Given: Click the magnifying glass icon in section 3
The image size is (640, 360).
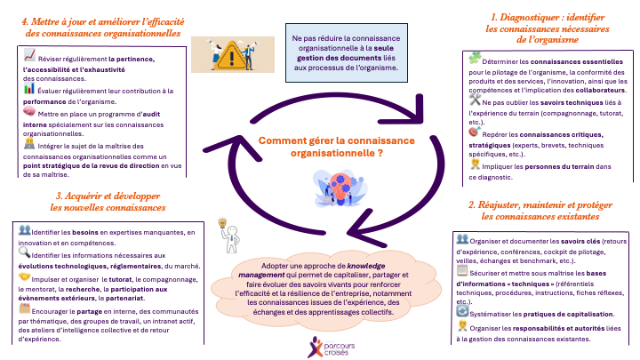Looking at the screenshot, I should [x=25, y=252].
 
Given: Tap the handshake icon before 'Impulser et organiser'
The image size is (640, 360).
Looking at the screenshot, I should [x=25, y=276].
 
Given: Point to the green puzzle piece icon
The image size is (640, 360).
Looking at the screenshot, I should [x=476, y=59].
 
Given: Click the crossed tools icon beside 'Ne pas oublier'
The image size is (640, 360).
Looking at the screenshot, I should [x=476, y=104].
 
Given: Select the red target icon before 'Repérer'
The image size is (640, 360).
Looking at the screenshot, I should [x=476, y=130].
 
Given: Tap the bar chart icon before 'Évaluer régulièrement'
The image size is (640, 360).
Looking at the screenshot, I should [x=29, y=88].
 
